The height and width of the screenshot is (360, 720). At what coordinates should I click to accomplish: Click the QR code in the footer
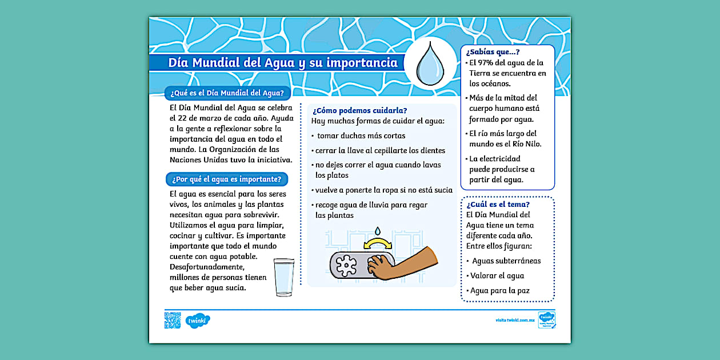[172, 321]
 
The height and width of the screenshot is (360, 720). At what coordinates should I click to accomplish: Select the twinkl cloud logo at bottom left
[198, 321]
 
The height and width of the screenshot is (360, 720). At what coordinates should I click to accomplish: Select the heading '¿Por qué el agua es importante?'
[227, 179]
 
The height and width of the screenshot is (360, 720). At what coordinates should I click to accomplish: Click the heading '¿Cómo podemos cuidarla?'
[360, 110]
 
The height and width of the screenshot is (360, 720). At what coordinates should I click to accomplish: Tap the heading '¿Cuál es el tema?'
[498, 204]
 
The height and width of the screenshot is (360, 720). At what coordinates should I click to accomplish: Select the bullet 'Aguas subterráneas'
[506, 261]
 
